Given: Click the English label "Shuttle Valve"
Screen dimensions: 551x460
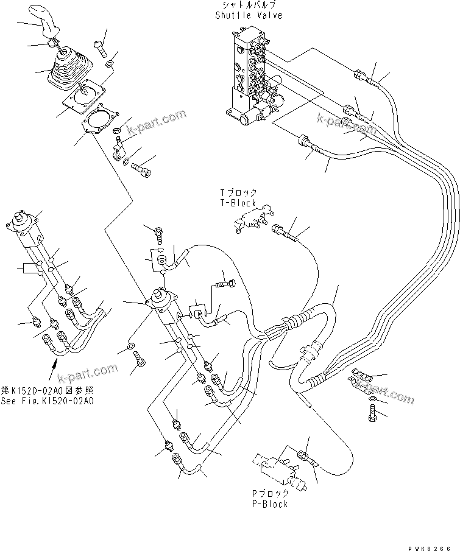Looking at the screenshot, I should coord(249,15).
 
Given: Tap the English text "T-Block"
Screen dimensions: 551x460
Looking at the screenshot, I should coord(238,203).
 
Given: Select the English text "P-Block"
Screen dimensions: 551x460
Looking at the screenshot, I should coord(270,504).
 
